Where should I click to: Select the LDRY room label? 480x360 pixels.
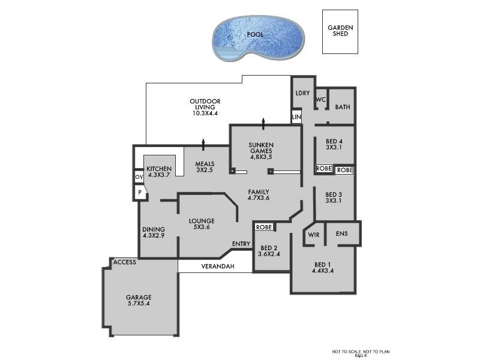pos(302,93)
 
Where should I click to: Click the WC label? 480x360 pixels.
pos(320,100)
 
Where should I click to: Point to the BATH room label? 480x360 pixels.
pos(343,107)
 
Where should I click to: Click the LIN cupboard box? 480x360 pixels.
pos(296,116)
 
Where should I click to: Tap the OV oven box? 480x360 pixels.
pos(138,177)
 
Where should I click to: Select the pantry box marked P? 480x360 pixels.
pos(139,193)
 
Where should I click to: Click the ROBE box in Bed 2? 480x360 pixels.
pos(264,227)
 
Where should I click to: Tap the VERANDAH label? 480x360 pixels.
pos(217,266)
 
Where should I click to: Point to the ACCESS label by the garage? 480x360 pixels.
pos(125,262)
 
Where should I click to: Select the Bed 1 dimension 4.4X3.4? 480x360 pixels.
pos(323,272)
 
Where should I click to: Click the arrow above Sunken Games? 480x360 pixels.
pos(263,124)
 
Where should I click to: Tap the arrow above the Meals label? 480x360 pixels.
pos(203,144)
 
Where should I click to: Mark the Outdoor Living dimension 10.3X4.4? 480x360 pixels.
pos(205,113)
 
